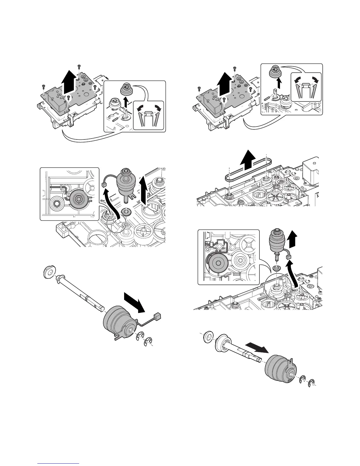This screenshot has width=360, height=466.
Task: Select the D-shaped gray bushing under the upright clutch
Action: [x=127, y=211]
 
